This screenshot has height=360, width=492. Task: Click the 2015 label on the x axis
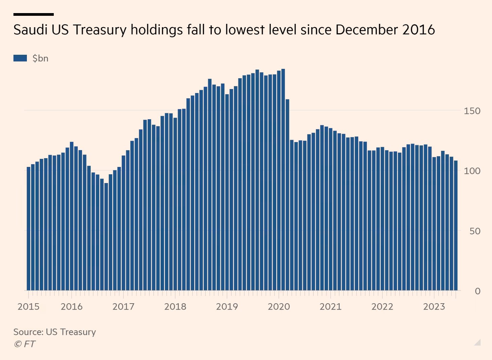[x=28, y=307]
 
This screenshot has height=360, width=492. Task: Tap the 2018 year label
[x=175, y=307]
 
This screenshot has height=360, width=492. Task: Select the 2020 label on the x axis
[x=279, y=307]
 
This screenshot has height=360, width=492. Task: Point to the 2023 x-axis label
[x=434, y=307]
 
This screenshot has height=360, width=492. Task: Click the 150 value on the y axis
[x=472, y=111]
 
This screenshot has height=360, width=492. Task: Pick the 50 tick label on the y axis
[x=475, y=231]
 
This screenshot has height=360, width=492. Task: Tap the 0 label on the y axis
[x=477, y=291]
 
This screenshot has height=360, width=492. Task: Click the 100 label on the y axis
[x=472, y=171]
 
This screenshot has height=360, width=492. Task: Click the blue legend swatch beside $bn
[x=20, y=58]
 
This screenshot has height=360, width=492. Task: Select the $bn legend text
[x=40, y=58]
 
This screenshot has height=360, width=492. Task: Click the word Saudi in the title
[x=30, y=30]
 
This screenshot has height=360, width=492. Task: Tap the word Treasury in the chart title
[x=100, y=30]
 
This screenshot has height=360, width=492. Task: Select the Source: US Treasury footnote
[x=54, y=332]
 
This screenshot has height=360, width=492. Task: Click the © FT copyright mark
[x=25, y=344]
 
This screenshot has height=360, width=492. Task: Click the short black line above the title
[x=34, y=14]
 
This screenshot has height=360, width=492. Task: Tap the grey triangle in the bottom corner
[x=478, y=343]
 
